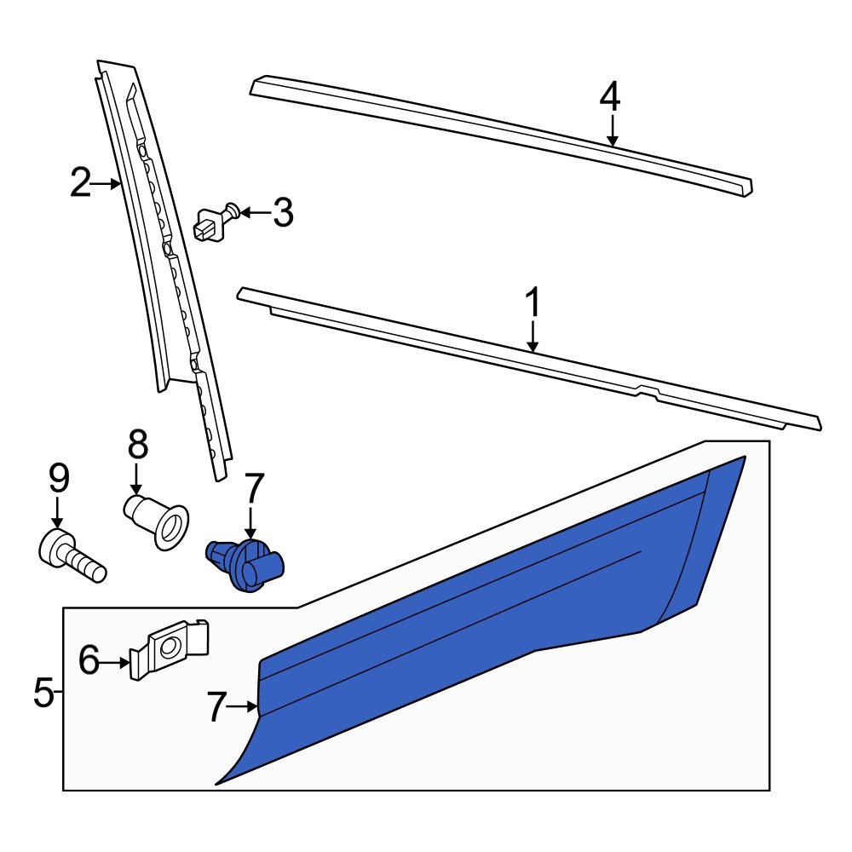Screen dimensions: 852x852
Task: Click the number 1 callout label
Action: pyautogui.click(x=532, y=304)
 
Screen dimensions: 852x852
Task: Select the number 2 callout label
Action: pyautogui.click(x=80, y=183)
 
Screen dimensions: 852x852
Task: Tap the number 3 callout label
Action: pyautogui.click(x=283, y=213)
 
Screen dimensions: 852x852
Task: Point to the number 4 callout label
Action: pyautogui.click(x=609, y=96)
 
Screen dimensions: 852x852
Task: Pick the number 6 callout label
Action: pyautogui.click(x=89, y=660)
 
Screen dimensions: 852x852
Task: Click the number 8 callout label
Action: pyautogui.click(x=137, y=445)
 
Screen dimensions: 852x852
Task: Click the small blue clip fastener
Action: pyautogui.click(x=245, y=563)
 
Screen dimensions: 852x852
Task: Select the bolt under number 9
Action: pyautogui.click(x=72, y=555)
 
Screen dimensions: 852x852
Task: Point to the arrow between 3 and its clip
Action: pyautogui.click(x=254, y=212)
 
